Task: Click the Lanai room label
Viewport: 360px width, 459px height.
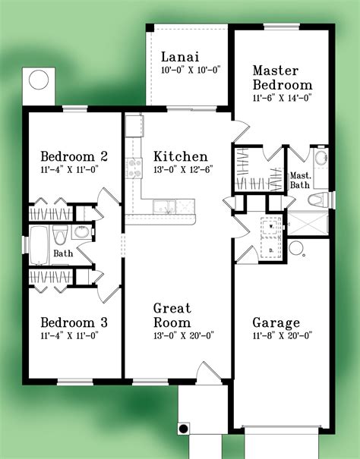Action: tap(180, 57)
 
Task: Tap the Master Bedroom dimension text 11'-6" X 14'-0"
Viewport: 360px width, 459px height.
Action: tap(282, 98)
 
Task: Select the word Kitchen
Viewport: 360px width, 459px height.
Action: tap(181, 156)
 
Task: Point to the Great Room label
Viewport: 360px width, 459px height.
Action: tap(172, 316)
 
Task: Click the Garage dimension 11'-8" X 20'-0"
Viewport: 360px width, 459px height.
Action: tap(283, 335)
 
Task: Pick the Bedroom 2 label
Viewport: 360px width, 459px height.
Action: tap(74, 156)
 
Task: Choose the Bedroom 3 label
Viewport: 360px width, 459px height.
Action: tap(74, 322)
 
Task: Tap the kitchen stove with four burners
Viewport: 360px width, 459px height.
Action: tap(134, 168)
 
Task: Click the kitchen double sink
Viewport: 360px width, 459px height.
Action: tap(164, 206)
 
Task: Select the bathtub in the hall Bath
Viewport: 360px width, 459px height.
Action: tap(39, 245)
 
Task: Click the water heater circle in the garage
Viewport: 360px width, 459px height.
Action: tap(295, 248)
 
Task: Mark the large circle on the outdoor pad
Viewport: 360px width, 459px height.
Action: tap(39, 80)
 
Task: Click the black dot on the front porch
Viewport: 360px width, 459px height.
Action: tap(183, 429)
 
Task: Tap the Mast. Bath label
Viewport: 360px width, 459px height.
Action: tap(299, 181)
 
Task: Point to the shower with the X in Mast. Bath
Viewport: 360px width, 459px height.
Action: tap(308, 224)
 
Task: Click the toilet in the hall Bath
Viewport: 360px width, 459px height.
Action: tap(60, 234)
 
